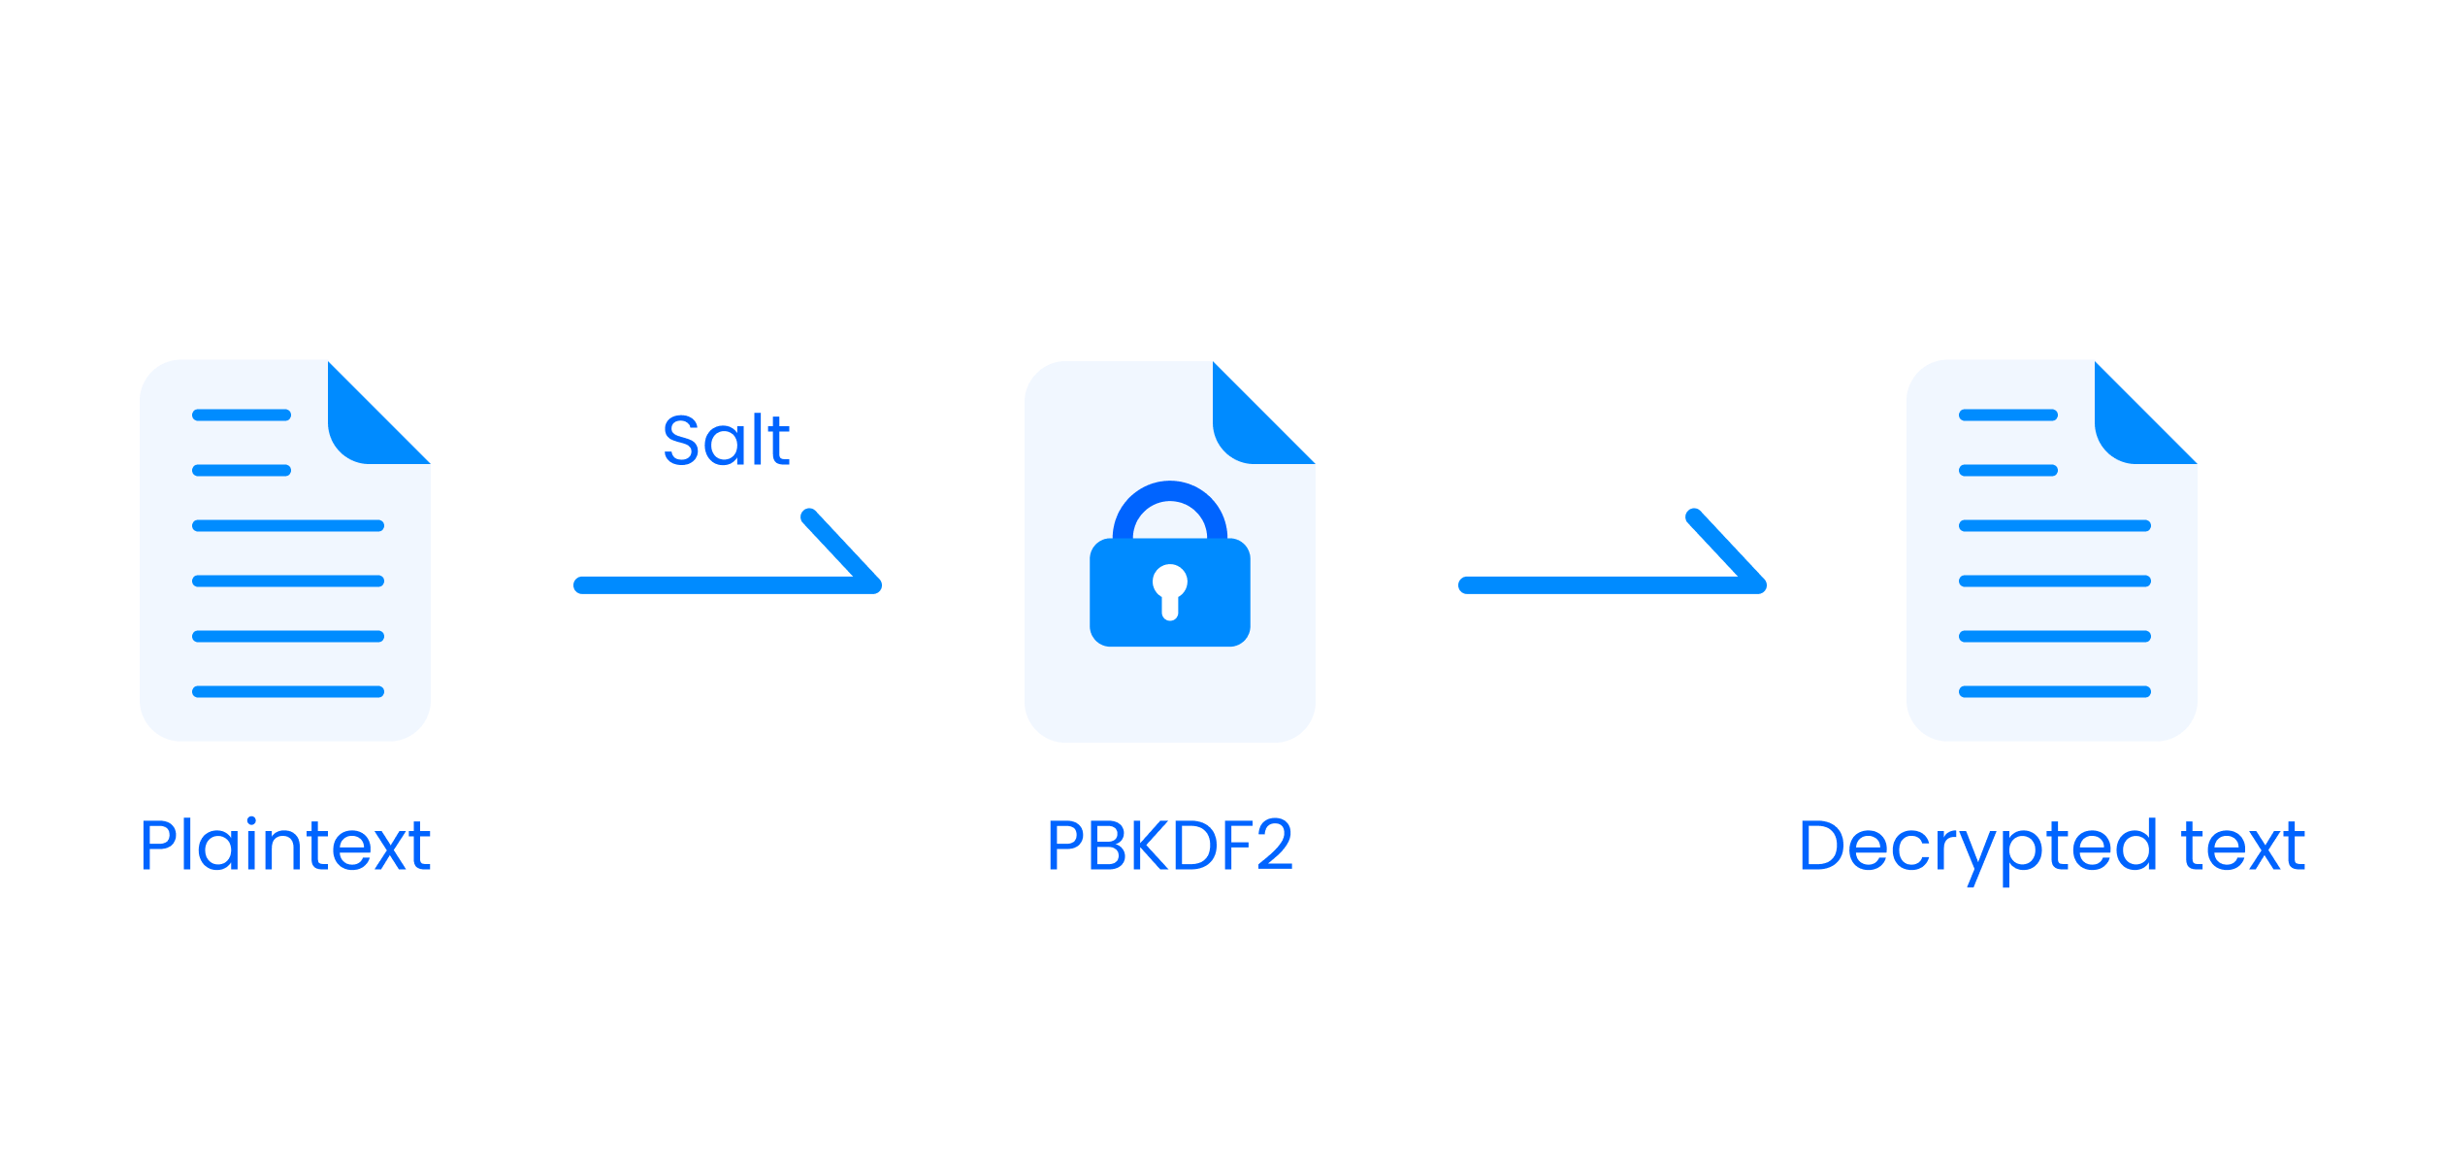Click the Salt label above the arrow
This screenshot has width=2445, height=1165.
tap(726, 441)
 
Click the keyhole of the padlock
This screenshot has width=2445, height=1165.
tap(1169, 588)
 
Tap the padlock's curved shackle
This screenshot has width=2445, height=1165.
tap(1169, 500)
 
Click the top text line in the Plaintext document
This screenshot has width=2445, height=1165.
tap(242, 416)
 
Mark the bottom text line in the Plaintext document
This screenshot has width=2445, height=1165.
tap(288, 692)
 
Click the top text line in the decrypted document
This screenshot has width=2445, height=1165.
tap(2008, 416)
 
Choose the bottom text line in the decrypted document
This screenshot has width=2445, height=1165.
tap(2055, 692)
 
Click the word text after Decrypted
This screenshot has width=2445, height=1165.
tap(2242, 847)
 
